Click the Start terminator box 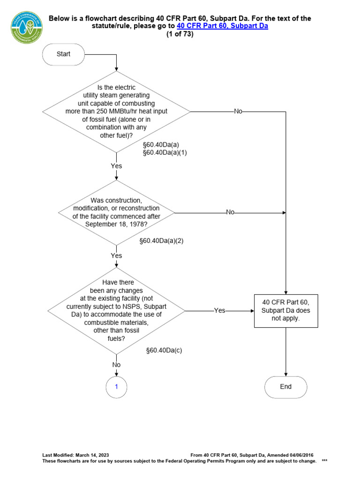[63, 54]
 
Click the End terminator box [286, 387]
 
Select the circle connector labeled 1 [116, 387]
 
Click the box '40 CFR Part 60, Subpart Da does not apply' [286, 310]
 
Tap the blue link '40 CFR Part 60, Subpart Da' [222, 26]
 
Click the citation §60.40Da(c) [164, 350]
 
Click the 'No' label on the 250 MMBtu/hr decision [238, 112]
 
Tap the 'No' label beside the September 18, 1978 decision [230, 212]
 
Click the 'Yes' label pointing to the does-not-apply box [219, 310]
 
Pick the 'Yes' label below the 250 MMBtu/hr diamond [116, 166]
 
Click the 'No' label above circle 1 [116, 365]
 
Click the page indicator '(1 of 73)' [180, 34]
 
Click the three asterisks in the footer [324, 461]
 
